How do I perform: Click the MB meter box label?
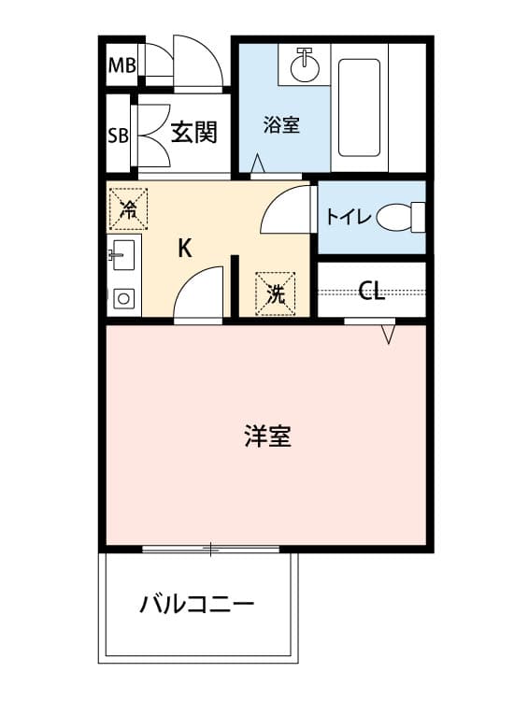tap(122, 65)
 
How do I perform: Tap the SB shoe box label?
tap(119, 136)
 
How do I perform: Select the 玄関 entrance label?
tap(194, 133)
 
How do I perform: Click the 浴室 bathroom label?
tap(281, 124)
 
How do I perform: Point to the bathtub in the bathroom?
tap(360, 107)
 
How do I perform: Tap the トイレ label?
tap(349, 217)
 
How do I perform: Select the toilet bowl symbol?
tap(401, 217)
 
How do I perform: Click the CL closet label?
tap(371, 291)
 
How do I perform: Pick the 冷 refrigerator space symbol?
tap(128, 209)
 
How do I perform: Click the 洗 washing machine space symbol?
tap(276, 293)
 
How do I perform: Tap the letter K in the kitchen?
tap(185, 248)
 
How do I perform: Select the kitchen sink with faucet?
tap(122, 255)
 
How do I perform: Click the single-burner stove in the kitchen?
tap(123, 298)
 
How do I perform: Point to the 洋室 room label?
tap(267, 436)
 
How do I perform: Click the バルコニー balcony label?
tap(197, 606)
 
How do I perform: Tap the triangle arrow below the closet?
tap(389, 335)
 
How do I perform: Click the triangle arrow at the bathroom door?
tap(257, 164)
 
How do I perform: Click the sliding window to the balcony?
tap(210, 549)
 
